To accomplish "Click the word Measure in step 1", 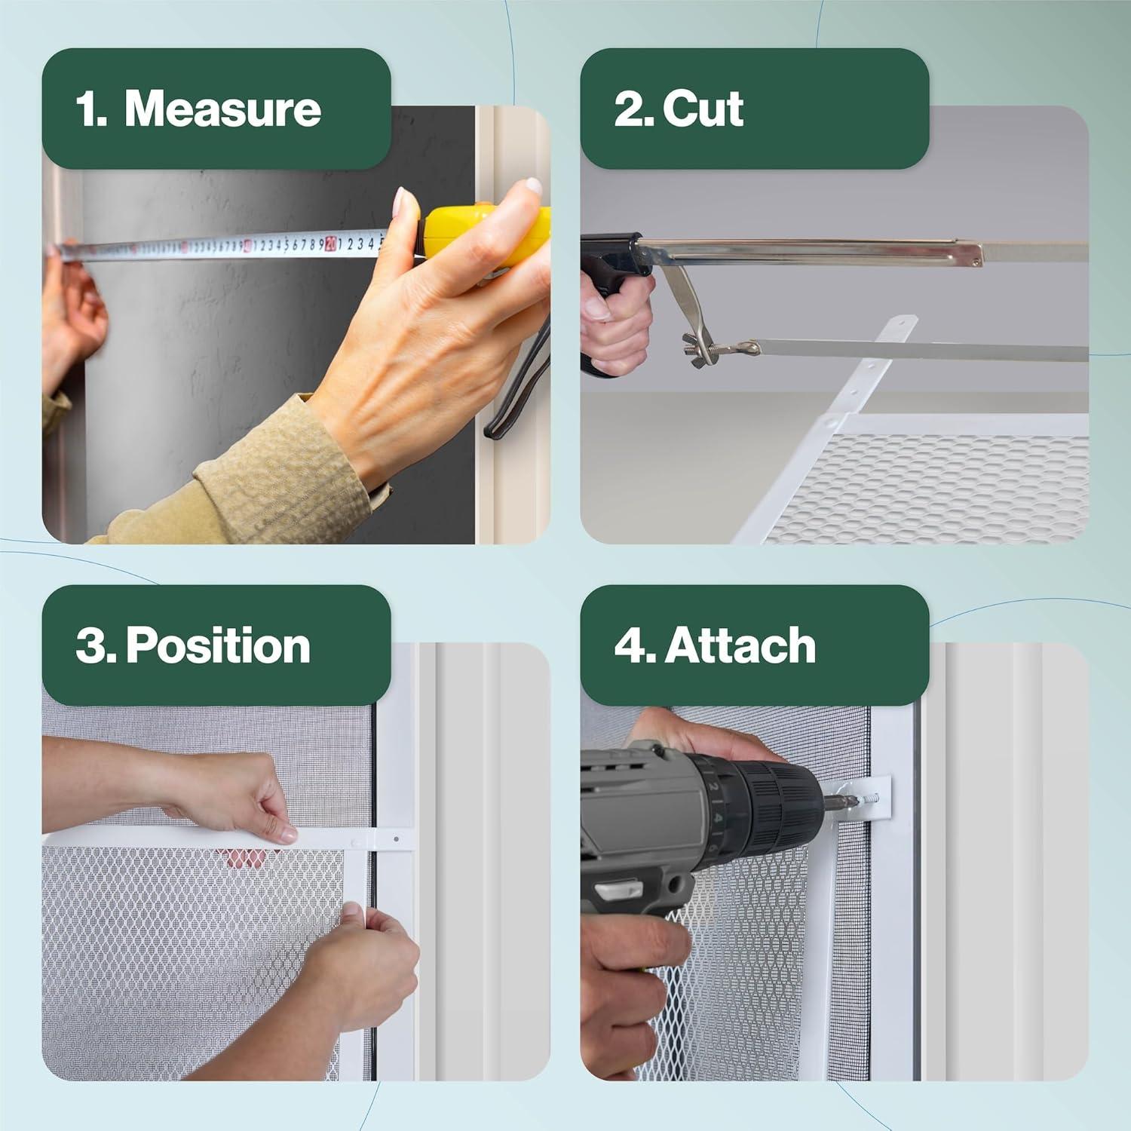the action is click(x=222, y=109).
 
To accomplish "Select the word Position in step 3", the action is click(x=218, y=647).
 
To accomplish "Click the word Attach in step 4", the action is click(x=740, y=646).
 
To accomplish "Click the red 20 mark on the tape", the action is click(x=330, y=244).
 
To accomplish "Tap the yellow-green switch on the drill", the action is click(x=612, y=893).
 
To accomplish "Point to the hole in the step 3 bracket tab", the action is click(x=393, y=839).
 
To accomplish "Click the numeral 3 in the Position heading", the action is click(x=90, y=648).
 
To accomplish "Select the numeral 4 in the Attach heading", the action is click(x=630, y=647).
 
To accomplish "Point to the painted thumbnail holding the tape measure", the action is click(x=406, y=203).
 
